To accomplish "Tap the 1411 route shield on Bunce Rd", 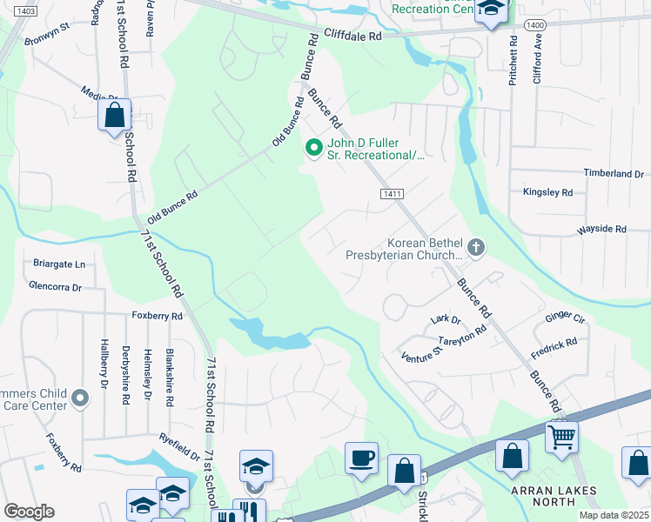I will tap(390, 196).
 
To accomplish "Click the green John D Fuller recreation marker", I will tap(313, 150).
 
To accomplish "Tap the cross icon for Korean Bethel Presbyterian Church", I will tap(475, 248).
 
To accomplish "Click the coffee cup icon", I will tap(361, 457).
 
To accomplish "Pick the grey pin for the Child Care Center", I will tap(80, 398).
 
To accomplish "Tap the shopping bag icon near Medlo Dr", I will tap(114, 114).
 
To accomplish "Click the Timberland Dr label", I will tap(614, 174).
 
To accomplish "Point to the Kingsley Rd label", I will tap(547, 191).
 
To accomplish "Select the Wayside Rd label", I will tap(601, 230).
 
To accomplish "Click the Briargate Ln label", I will tap(57, 264).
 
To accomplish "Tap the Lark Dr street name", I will tap(446, 320).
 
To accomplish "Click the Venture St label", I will tap(422, 356).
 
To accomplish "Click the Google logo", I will tap(29, 512).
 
